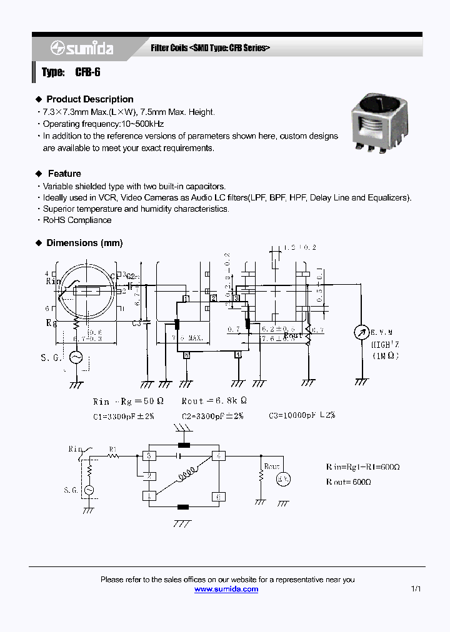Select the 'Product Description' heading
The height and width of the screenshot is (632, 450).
89,99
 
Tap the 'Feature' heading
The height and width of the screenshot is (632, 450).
64,174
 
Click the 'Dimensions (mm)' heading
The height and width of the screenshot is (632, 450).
84,243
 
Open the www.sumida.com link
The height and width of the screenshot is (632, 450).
226,589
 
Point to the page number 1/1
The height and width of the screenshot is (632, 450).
416,589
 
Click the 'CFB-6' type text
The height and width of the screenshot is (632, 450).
87,72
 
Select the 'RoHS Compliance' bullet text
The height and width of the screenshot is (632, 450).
77,220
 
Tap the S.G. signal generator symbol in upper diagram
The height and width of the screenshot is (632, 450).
76,357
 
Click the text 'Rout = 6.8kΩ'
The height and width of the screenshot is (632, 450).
214,402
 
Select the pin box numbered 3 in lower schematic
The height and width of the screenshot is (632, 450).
149,456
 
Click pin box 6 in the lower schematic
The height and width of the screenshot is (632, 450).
218,496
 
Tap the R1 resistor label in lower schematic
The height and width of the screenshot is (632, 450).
113,448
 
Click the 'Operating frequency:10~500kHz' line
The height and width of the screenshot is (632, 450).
103,124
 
